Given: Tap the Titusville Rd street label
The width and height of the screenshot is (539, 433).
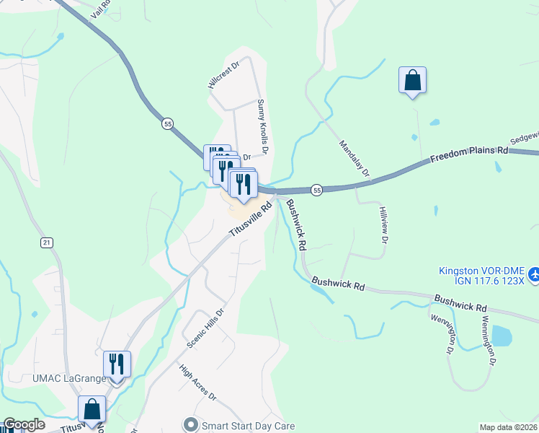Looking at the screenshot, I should tap(251, 219).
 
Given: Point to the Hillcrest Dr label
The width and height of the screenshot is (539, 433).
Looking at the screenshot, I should tap(223, 74).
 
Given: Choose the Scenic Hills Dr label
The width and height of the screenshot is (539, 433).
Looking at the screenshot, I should tap(206, 328).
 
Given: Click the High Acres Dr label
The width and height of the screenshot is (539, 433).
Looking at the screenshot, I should tap(198, 382).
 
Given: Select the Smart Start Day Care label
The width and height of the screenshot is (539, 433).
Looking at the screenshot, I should tap(249, 425).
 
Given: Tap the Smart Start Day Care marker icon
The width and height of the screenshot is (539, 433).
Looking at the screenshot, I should tap(190, 424).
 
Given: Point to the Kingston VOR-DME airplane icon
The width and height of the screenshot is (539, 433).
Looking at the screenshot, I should tap(533, 275).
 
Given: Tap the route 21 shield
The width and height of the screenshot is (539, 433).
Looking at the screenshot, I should tap(47, 242).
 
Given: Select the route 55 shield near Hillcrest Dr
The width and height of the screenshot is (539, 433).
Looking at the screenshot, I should tap(168, 123).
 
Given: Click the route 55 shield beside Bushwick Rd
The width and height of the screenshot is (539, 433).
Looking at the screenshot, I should tap(317, 189).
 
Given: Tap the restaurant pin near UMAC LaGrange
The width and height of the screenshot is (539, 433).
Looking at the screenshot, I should tap(116, 364).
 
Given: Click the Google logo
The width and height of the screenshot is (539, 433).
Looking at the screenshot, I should tap(24, 425).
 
